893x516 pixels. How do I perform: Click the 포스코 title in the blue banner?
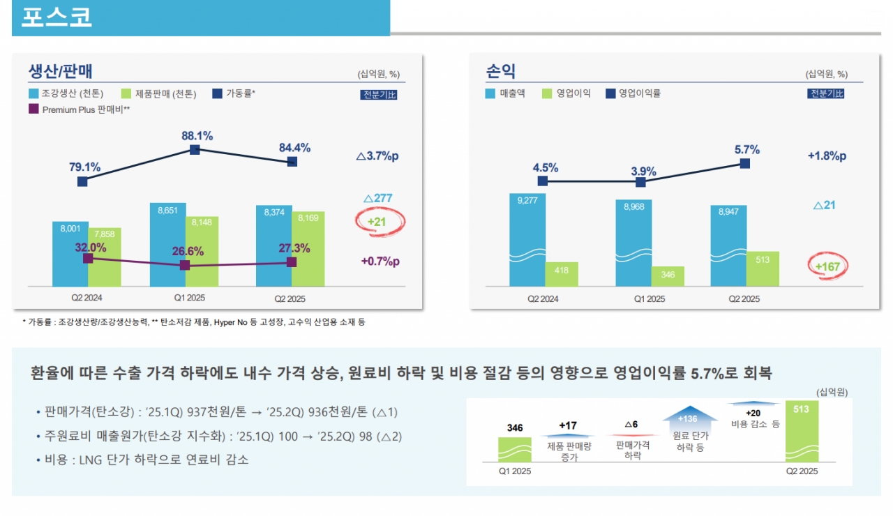tap(57, 17)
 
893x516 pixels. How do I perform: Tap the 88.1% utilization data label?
tap(197, 136)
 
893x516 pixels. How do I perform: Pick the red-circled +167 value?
tap(828, 266)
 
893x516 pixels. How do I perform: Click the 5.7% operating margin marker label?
tap(747, 150)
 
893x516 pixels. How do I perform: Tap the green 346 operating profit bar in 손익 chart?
tap(668, 276)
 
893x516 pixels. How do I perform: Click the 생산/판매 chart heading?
tap(61, 71)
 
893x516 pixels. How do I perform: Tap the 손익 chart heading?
tap(500, 71)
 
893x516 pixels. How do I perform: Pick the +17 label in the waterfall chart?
tap(568, 425)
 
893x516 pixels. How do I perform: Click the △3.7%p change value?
tap(377, 156)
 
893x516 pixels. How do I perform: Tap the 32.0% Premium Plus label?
tap(91, 248)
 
